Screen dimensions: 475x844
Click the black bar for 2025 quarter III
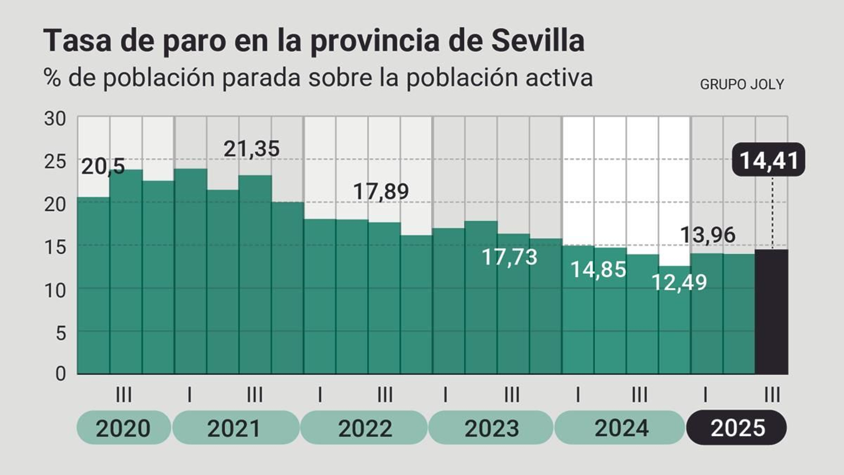(x=771, y=311)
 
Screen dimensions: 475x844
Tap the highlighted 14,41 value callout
(x=769, y=160)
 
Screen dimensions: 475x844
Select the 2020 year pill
(x=123, y=427)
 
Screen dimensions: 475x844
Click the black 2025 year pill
(x=736, y=427)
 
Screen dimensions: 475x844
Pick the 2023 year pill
(x=491, y=427)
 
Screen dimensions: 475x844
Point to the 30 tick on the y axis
(x=55, y=119)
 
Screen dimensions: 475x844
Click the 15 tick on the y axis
(x=55, y=247)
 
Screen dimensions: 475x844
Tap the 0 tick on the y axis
(x=60, y=373)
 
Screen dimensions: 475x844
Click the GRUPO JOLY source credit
(x=742, y=84)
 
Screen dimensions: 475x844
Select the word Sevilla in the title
(x=538, y=41)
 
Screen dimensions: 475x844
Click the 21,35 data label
(x=251, y=149)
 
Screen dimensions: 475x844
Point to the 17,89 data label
(x=380, y=191)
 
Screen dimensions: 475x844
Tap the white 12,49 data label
(x=679, y=282)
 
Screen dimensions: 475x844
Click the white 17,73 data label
(x=509, y=257)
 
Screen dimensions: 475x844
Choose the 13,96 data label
(x=707, y=235)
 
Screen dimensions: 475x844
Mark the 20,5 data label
(x=103, y=167)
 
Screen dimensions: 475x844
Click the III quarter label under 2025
(x=772, y=394)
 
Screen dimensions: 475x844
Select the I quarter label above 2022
(x=320, y=394)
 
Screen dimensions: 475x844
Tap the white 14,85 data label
(x=598, y=270)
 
